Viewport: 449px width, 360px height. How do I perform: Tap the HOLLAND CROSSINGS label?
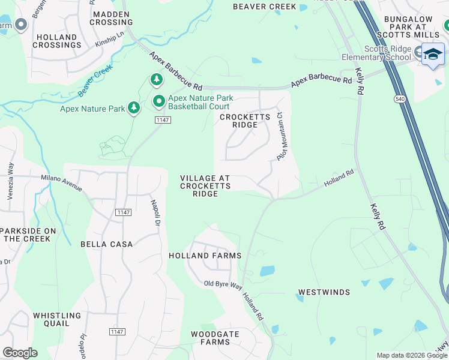coord(56,41)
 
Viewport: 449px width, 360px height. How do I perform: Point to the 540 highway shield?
coord(399,98)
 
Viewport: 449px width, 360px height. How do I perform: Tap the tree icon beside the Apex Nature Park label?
coord(134,109)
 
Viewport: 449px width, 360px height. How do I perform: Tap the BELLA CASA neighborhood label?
coord(106,244)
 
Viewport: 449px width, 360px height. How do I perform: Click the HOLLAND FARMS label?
coord(205,256)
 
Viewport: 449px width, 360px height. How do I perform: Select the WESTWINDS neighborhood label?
coord(324,292)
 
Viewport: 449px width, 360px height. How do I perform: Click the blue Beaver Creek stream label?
coord(95,82)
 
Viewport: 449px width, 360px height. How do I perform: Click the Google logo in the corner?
coord(20,353)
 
